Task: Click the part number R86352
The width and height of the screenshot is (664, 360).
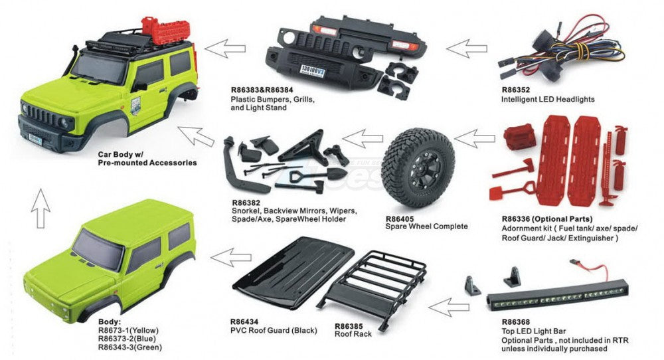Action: [515, 90]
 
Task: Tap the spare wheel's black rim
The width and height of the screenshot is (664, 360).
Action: [419, 167]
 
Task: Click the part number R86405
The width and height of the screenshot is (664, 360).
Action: [400, 219]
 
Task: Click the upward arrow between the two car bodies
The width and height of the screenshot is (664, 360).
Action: [41, 209]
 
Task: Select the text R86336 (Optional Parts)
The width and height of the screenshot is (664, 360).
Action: [547, 219]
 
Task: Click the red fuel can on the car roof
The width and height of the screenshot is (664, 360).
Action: [148, 27]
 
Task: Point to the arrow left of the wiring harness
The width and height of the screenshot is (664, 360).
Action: [467, 48]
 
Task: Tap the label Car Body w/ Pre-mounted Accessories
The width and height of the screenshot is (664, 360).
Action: [147, 158]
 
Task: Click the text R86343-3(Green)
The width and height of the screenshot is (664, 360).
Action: [130, 347]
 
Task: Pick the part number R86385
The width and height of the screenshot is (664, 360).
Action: [349, 326]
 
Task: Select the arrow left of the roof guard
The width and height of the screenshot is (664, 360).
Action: [231, 258]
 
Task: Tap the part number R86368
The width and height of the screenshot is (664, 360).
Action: [516, 322]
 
